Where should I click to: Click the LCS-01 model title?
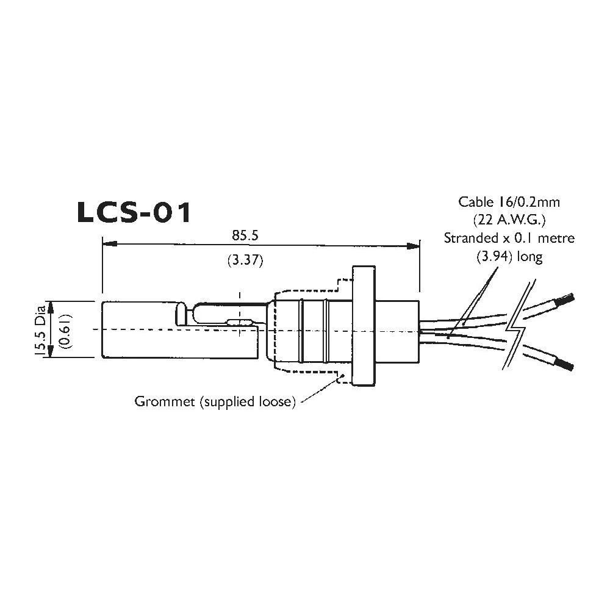[134, 212]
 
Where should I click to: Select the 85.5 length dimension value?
[243, 234]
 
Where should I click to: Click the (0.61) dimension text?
[66, 329]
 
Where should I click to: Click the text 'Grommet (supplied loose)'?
[215, 402]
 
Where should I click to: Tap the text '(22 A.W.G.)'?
[509, 219]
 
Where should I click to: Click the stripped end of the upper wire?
[565, 300]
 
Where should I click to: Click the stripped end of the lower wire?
[565, 365]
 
